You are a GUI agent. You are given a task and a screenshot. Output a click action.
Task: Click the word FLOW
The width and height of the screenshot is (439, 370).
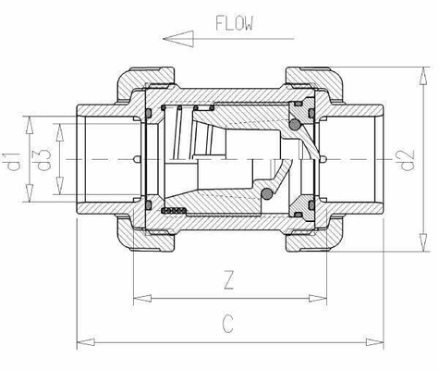(x=235, y=23)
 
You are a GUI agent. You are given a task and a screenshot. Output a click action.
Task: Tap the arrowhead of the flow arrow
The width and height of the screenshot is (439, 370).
(x=178, y=39)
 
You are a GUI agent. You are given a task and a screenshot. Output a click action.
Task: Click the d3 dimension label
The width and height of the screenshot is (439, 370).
(x=43, y=160)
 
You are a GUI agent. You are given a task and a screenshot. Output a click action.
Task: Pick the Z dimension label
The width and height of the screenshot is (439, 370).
(x=228, y=280)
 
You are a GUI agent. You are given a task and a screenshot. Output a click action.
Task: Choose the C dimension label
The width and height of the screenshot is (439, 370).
(x=228, y=324)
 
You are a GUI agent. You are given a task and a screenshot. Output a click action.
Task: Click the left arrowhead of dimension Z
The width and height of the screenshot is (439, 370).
(x=142, y=299)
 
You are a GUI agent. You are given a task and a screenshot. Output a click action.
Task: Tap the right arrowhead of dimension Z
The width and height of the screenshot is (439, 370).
(x=318, y=299)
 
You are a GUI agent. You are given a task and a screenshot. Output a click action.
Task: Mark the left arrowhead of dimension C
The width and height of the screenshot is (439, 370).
(x=86, y=342)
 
